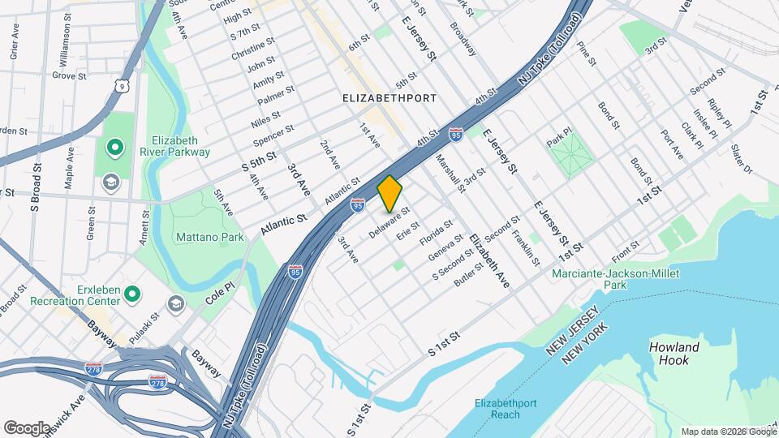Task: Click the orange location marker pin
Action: (x=390, y=194)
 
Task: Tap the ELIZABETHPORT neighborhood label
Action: (x=389, y=98)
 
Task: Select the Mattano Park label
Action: (x=209, y=238)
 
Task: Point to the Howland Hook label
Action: (x=674, y=354)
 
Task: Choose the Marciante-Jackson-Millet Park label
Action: (x=613, y=279)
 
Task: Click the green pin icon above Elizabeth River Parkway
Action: (x=115, y=148)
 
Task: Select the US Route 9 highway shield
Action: (x=121, y=85)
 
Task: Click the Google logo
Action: (x=28, y=427)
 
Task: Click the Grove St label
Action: (x=69, y=75)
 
